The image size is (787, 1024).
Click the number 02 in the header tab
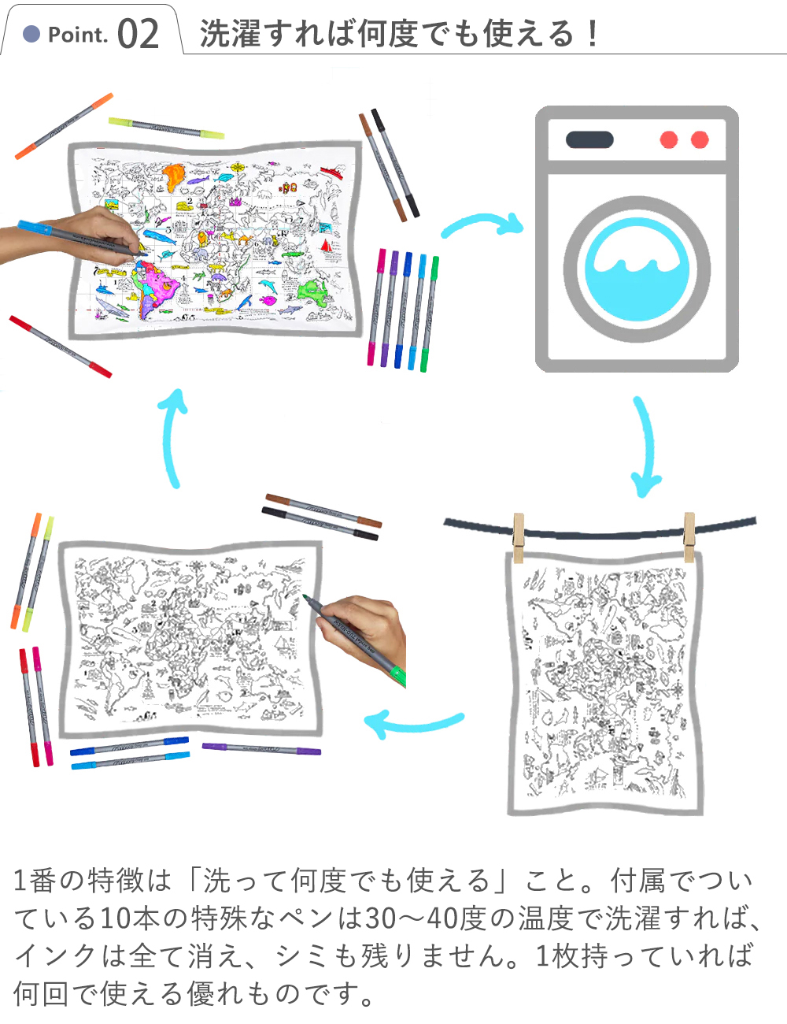[x=138, y=33]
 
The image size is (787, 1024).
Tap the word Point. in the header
[x=78, y=35]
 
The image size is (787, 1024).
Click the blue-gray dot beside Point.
[x=31, y=34]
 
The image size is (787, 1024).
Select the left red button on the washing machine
[x=668, y=139]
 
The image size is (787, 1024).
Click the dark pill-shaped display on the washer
[x=589, y=139]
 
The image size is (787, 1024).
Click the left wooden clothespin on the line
[x=519, y=538]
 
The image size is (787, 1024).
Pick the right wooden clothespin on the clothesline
[x=689, y=537]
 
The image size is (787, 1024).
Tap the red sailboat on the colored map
[x=326, y=246]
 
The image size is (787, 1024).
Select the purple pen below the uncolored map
[x=262, y=748]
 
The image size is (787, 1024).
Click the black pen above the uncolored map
[x=320, y=524]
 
